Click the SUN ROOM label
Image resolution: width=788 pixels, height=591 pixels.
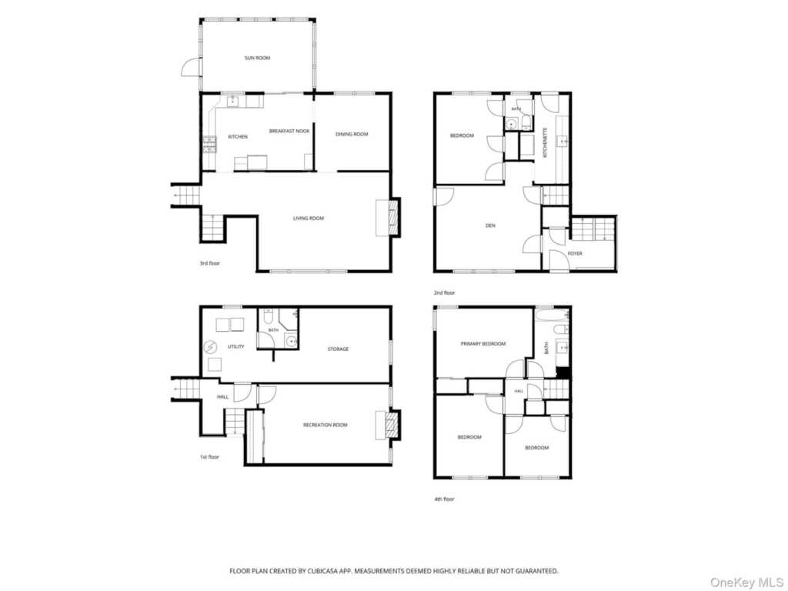(x=257, y=58)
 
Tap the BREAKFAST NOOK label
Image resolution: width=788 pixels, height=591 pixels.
(x=289, y=131)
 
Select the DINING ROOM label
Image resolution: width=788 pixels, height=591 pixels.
(x=352, y=134)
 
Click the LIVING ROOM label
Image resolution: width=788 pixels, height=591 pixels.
(x=309, y=218)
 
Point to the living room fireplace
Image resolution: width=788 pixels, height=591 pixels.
(x=389, y=218)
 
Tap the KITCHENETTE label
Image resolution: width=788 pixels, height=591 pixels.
(x=546, y=142)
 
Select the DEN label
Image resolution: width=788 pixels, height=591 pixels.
(x=490, y=225)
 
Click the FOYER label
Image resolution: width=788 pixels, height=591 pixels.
(x=575, y=253)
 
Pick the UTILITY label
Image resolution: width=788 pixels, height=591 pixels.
(x=235, y=346)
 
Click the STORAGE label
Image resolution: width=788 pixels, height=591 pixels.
(x=339, y=349)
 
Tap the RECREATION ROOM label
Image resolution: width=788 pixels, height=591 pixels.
(x=326, y=425)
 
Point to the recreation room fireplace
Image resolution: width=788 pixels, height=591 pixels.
(x=389, y=425)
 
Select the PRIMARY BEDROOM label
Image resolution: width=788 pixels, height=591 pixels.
(x=483, y=344)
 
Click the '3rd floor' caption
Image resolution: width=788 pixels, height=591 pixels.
(x=209, y=263)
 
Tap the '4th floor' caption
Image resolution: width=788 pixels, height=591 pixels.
(x=444, y=499)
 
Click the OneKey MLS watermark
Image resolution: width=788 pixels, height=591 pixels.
(x=746, y=583)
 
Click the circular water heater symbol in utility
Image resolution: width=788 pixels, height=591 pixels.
(x=209, y=347)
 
